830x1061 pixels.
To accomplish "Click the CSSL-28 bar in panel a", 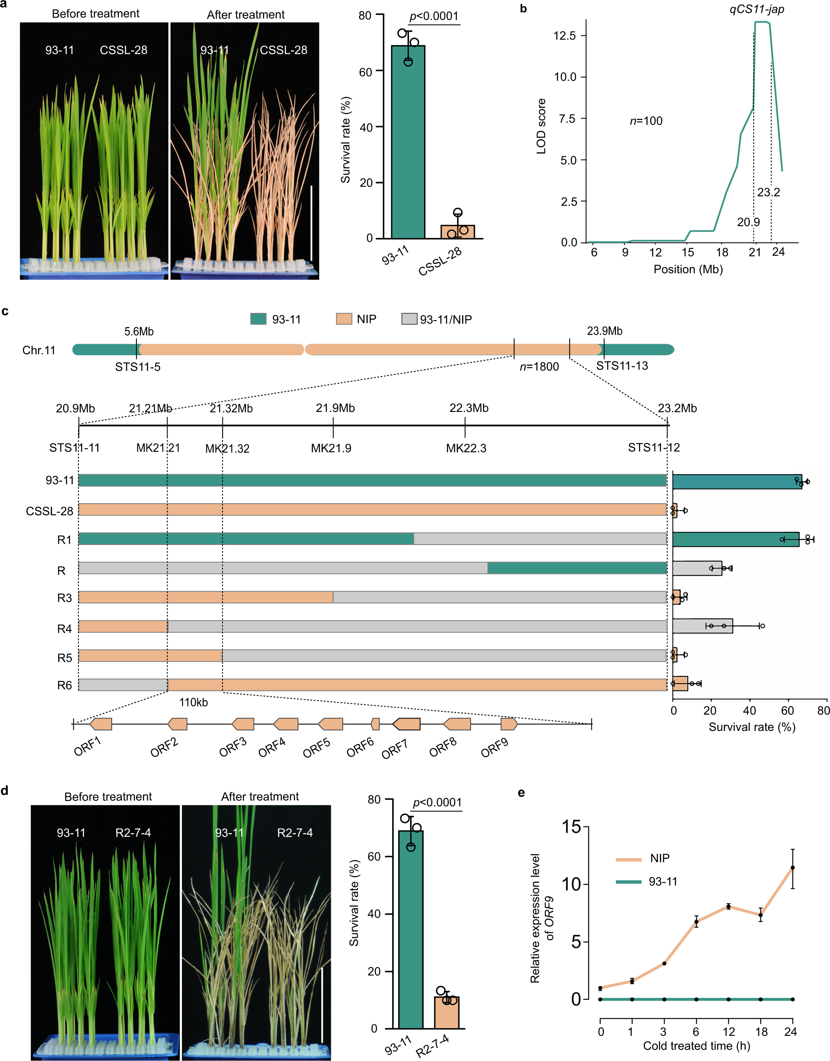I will [457, 232].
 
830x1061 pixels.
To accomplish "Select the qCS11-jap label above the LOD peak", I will [756, 9].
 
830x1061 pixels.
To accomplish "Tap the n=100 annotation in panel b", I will [646, 121].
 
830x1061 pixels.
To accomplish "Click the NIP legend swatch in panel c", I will [344, 319].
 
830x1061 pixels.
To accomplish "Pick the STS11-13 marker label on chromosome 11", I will [622, 366].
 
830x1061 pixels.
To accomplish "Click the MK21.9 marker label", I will [331, 448].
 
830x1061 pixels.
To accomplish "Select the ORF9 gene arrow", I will [509, 724].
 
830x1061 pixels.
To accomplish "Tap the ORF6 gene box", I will [375, 724].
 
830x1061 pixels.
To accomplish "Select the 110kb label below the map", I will [194, 702].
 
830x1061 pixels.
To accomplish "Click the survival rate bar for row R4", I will [702, 626].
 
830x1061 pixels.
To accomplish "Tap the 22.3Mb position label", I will [469, 408].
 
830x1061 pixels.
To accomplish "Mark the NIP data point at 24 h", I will [792, 867].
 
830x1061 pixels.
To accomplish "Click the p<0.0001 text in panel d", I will [437, 803].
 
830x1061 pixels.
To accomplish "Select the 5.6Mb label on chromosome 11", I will [139, 331].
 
